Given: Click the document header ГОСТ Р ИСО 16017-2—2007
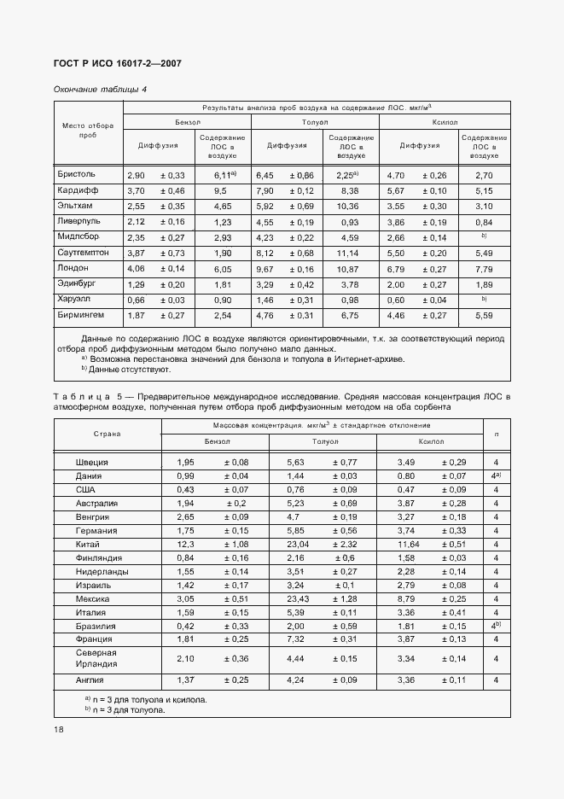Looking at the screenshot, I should tap(117, 64).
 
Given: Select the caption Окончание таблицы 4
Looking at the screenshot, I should tap(100, 90).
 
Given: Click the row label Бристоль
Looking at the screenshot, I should tap(78, 174).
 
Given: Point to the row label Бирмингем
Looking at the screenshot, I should tap(83, 315).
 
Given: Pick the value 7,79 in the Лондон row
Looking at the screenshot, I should tap(484, 269).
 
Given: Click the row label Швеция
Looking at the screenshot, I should tap(92, 462).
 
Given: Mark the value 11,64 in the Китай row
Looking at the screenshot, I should tap(410, 544).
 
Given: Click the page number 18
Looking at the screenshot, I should tap(58, 730).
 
